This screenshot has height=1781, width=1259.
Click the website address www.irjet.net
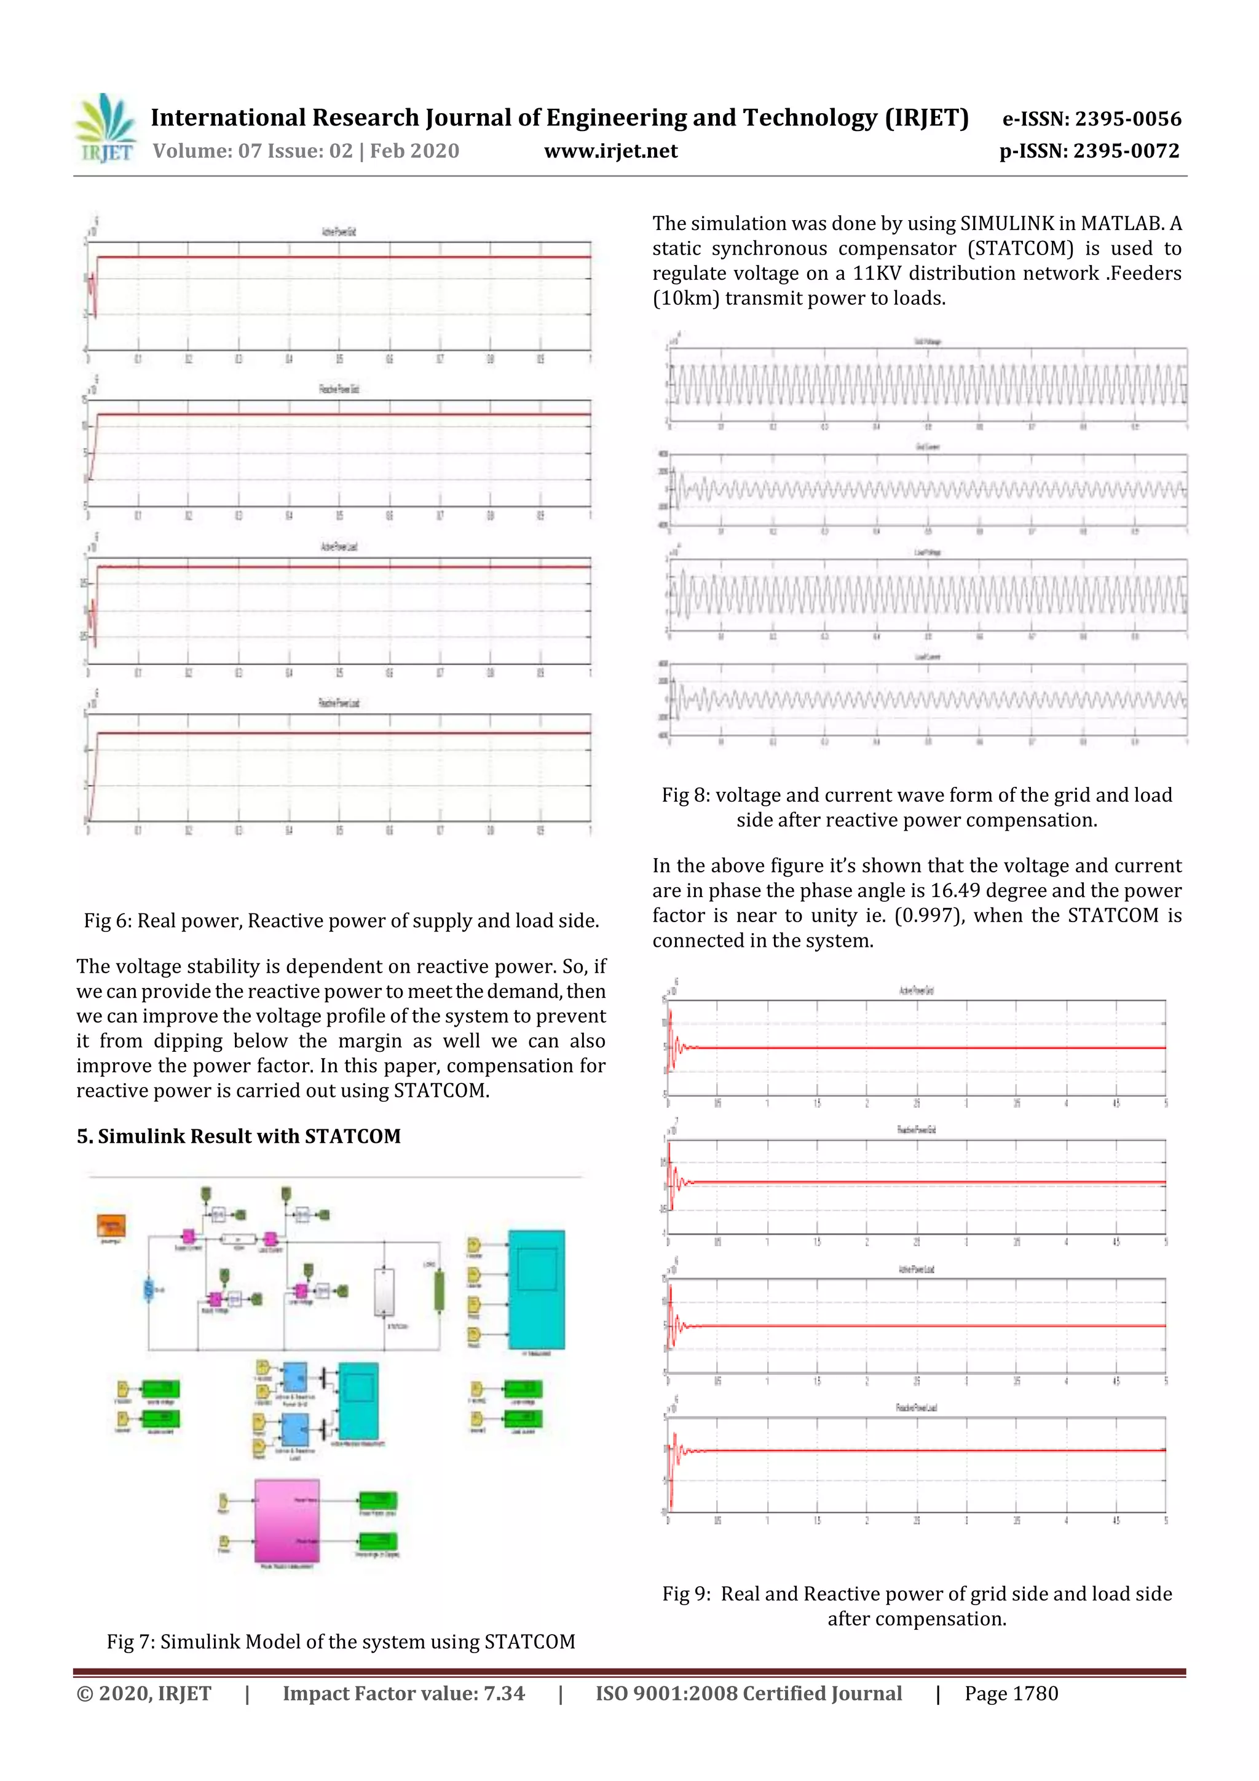click(610, 151)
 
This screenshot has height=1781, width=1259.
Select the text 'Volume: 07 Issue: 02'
click(252, 151)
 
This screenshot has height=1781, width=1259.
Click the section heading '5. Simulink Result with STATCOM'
click(238, 1136)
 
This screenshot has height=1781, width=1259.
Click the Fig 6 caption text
click(341, 921)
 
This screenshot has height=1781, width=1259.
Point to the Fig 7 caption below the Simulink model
click(341, 1642)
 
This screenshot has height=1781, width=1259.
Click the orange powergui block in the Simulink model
click(111, 1226)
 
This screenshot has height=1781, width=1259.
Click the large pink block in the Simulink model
click(286, 1521)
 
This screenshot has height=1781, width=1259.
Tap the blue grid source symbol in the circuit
click(148, 1290)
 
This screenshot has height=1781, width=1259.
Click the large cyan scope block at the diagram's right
click(536, 1289)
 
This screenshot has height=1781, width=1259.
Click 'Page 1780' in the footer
click(1011, 1693)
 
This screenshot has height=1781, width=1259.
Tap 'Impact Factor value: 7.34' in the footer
click(403, 1693)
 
